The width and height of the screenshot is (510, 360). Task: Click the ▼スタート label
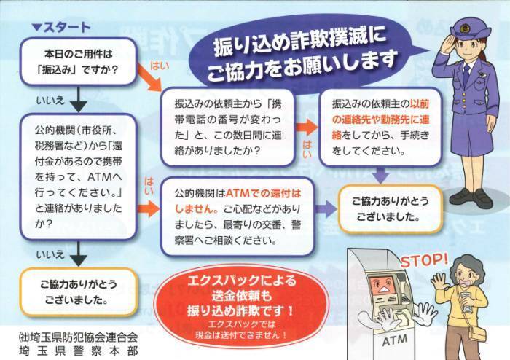[x=61, y=28]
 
